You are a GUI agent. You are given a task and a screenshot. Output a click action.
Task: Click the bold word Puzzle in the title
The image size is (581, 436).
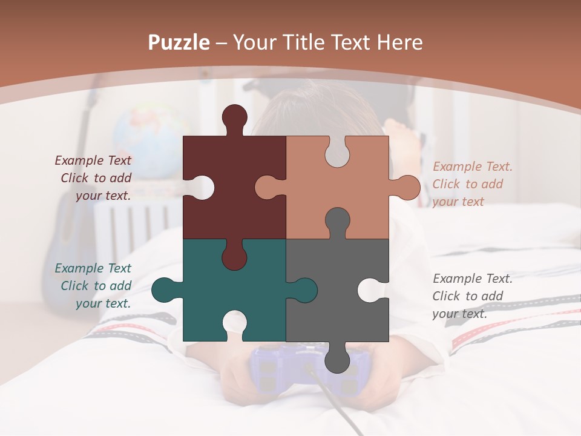(179, 42)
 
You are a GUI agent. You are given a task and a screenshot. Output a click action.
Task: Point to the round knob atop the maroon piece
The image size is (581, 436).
(234, 117)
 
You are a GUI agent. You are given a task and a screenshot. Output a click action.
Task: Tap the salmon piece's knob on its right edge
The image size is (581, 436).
(406, 187)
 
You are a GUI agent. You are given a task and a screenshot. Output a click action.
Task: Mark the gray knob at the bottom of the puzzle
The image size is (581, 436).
(337, 360)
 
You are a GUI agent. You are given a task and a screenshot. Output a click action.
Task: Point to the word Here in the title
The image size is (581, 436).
(399, 42)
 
